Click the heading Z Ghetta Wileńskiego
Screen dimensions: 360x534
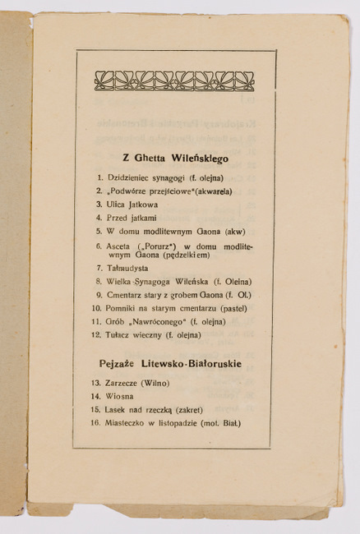(x=174, y=156)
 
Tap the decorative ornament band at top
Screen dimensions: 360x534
(x=174, y=81)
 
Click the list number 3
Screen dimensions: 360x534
(x=99, y=204)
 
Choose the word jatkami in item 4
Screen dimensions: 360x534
(x=140, y=218)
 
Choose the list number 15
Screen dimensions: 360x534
(x=97, y=409)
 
